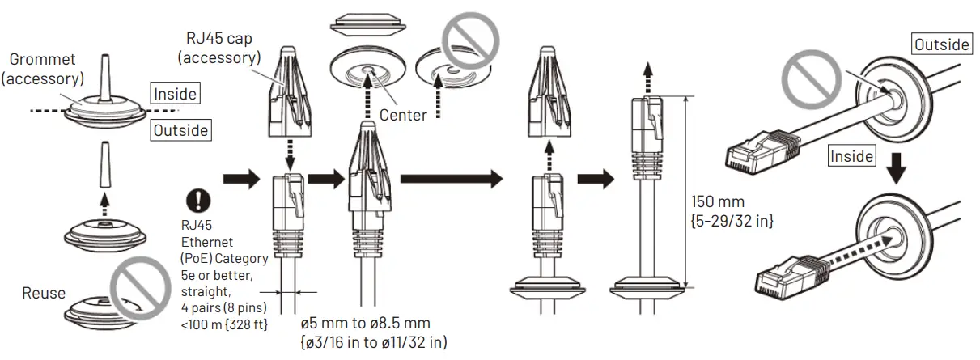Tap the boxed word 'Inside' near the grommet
point(176,94)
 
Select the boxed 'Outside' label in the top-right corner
point(943,44)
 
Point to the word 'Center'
point(403,115)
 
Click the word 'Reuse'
point(45,293)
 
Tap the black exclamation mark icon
point(197,200)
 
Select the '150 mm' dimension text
point(717,201)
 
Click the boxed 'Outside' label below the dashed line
point(180,130)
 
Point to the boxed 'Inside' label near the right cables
point(851,156)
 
